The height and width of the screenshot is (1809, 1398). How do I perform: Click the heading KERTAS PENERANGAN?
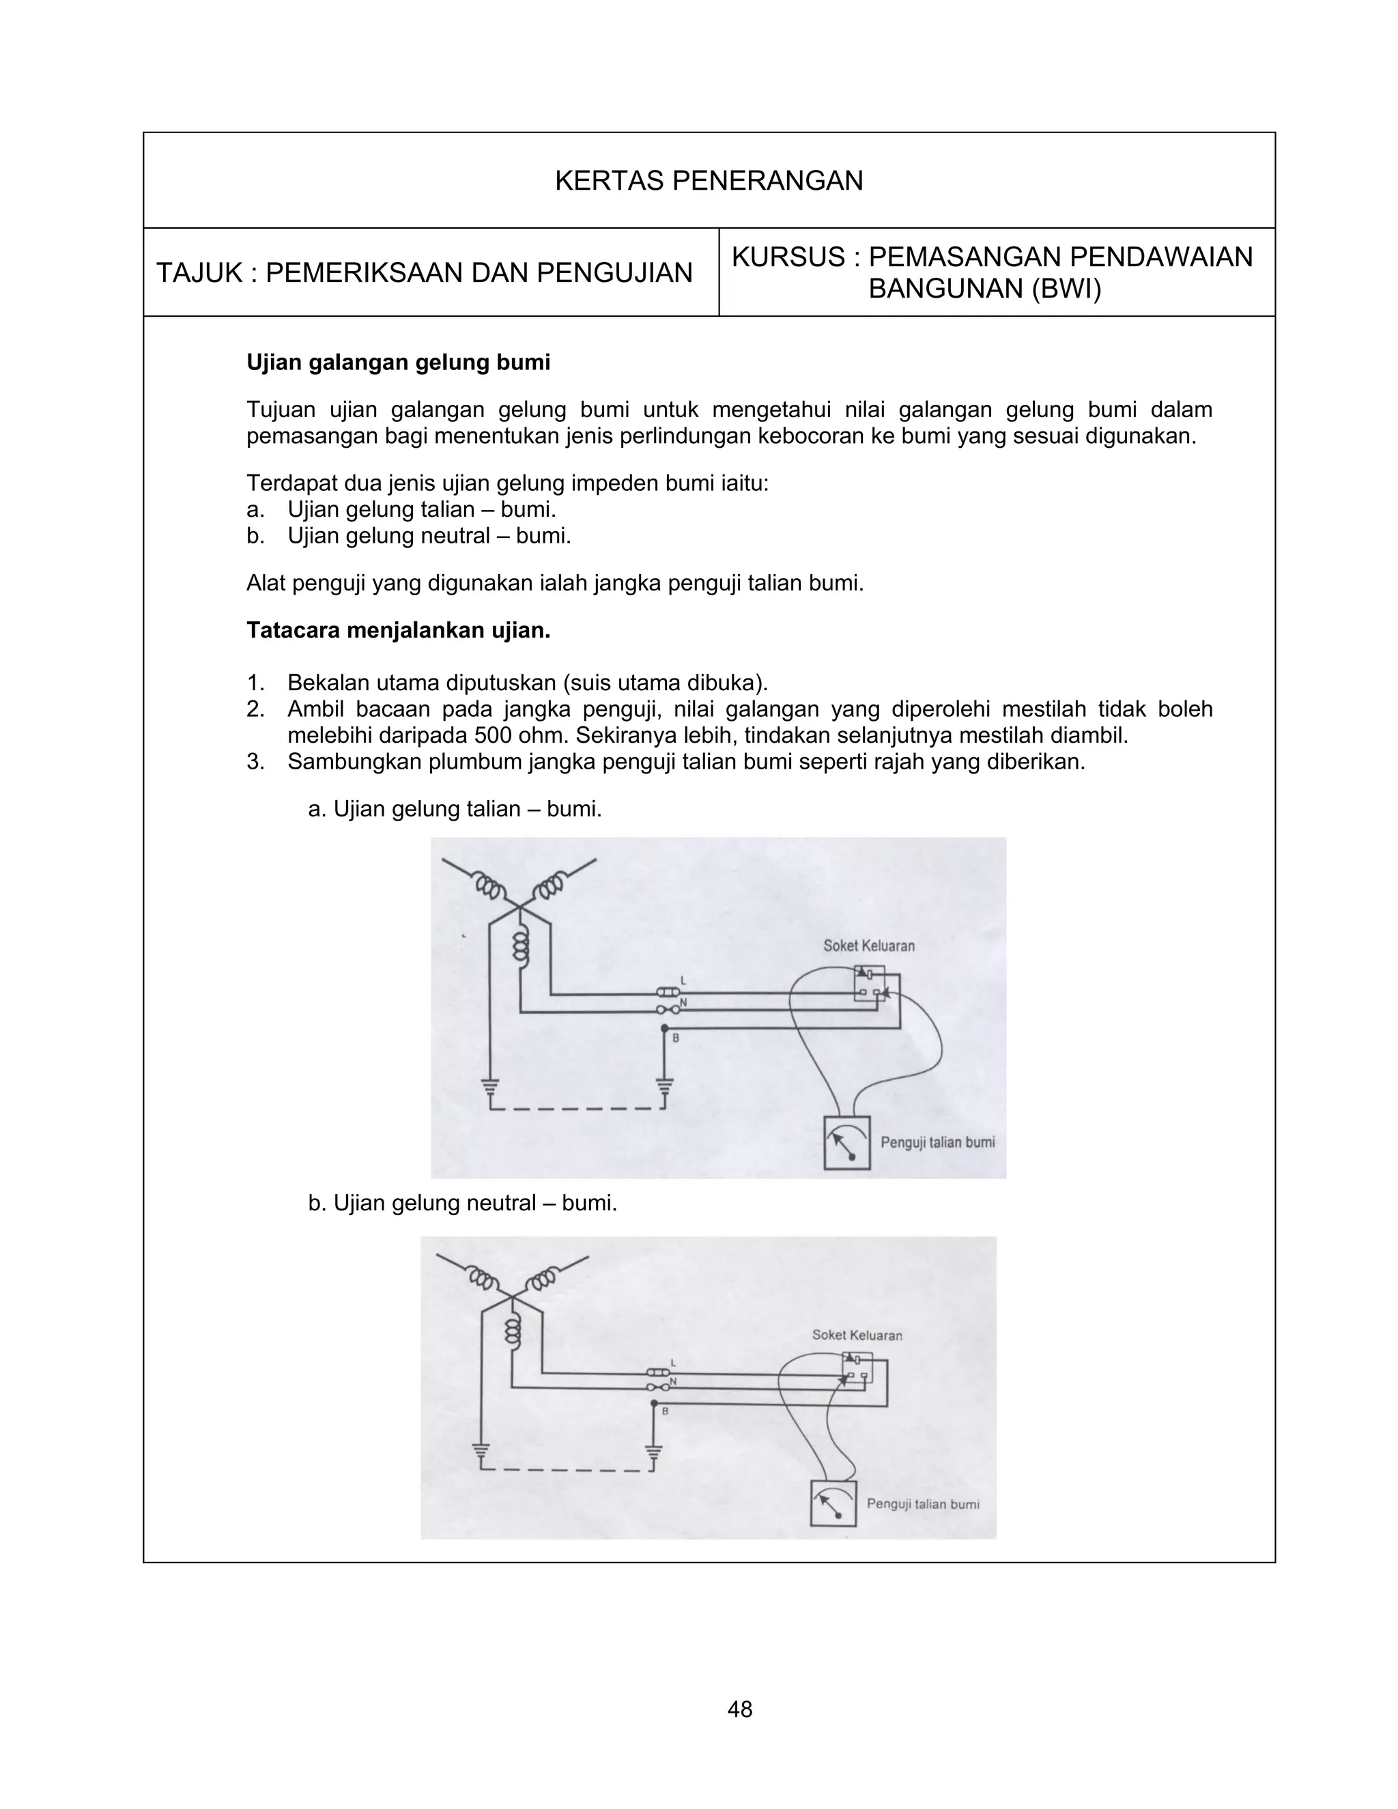[x=708, y=181]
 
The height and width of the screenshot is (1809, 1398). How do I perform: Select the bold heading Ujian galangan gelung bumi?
[x=399, y=362]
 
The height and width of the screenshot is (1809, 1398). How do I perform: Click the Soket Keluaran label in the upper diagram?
[x=869, y=946]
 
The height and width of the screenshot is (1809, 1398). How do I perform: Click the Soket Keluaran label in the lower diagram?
[x=857, y=1335]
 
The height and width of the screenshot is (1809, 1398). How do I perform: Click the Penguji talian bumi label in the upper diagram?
[x=937, y=1142]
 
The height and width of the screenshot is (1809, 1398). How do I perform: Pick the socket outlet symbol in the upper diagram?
[x=870, y=984]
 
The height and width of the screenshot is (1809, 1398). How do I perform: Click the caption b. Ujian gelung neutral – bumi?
[x=462, y=1203]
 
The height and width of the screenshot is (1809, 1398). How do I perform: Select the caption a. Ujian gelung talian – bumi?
[x=455, y=808]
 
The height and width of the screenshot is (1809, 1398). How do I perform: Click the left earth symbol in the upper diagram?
[x=490, y=1085]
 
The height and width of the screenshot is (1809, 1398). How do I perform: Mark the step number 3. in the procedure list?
[x=255, y=762]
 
